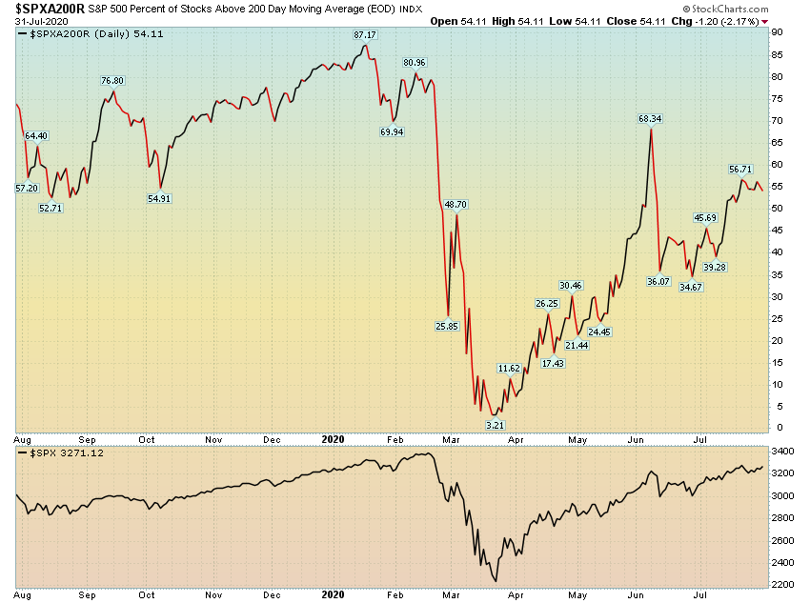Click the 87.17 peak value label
[x=365, y=34]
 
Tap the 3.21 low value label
[x=495, y=423]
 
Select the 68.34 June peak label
[x=650, y=118]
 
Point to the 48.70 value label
[x=456, y=204]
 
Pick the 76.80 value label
[x=113, y=80]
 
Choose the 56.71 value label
[x=740, y=169]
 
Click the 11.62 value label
[x=510, y=368]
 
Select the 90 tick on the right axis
[x=778, y=32]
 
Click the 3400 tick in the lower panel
[x=782, y=452]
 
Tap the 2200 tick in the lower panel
[x=782, y=583]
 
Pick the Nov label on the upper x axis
[x=213, y=440]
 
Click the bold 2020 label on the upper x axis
[x=332, y=440]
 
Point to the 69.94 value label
[x=392, y=131]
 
